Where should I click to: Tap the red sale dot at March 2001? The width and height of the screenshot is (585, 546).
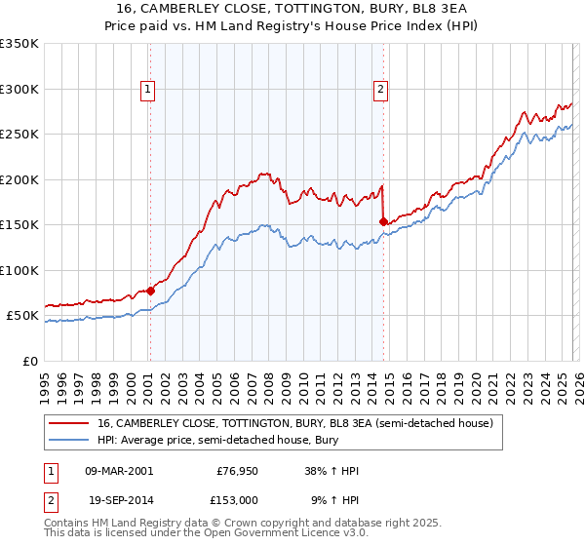point(150,291)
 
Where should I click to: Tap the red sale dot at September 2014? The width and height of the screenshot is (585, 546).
point(383,221)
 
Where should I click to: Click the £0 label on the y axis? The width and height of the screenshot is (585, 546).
point(29,361)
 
